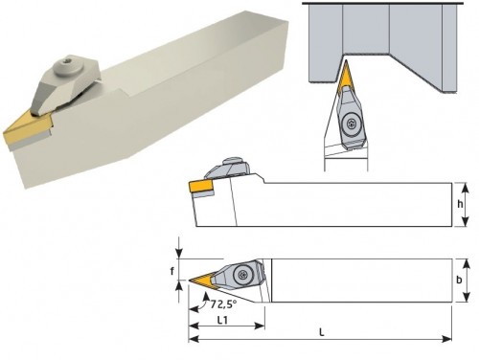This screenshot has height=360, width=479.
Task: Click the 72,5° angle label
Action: [x=223, y=304]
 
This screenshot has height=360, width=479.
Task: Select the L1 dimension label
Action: [x=222, y=320]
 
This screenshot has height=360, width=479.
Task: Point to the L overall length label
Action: [x=322, y=332]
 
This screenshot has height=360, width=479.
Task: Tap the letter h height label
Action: [x=460, y=204]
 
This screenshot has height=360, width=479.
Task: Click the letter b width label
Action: [x=459, y=280]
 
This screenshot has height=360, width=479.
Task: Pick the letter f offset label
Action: [x=172, y=271]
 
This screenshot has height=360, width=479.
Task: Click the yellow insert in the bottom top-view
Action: [x=200, y=281]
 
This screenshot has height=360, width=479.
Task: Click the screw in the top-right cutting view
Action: [x=351, y=123]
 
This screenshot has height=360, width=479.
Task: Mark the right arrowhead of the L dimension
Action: [x=448, y=339]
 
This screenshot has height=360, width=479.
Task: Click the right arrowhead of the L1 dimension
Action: [x=261, y=326]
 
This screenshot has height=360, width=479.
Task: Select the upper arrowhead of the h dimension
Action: [x=466, y=188]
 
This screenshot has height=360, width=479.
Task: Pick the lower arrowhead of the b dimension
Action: [x=467, y=297]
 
